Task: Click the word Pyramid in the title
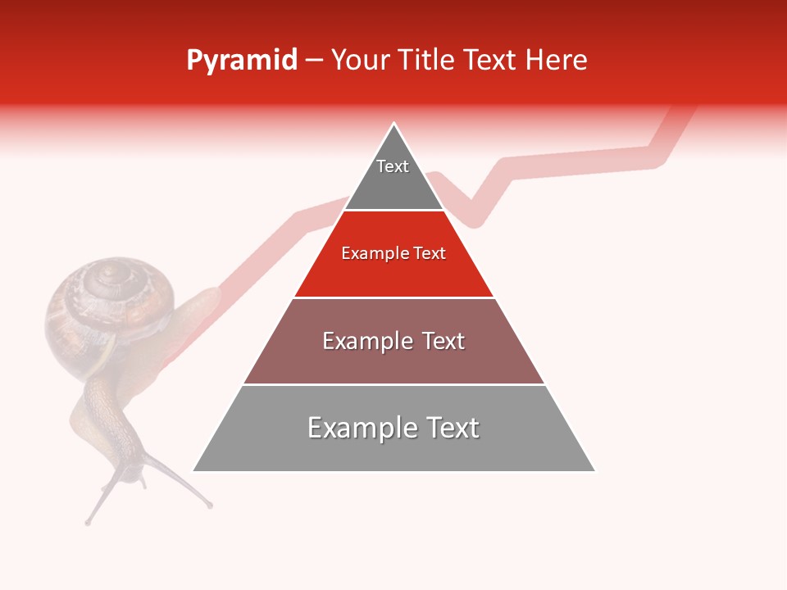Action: pos(241,61)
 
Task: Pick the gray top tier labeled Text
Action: pos(393,176)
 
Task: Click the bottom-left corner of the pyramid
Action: pos(193,471)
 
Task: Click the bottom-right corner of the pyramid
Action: pos(595,471)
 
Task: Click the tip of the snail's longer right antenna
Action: pos(210,506)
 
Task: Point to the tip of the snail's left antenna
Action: pos(88,521)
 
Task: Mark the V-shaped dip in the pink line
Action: pos(475,220)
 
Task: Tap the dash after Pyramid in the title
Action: pos(314,61)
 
